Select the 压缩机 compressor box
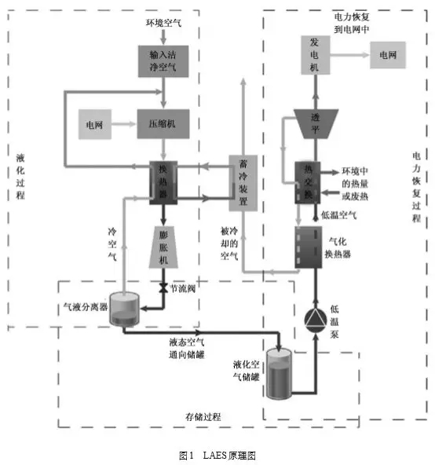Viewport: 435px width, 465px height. pyautogui.click(x=164, y=123)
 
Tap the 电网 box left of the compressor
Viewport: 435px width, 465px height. pyautogui.click(x=96, y=124)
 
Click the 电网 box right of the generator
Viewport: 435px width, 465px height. pyautogui.click(x=388, y=56)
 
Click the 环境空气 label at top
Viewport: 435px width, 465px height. pyautogui.click(x=164, y=23)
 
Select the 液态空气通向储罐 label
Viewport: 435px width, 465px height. pyautogui.click(x=187, y=347)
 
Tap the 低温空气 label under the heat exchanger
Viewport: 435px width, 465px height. pyautogui.click(x=339, y=214)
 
